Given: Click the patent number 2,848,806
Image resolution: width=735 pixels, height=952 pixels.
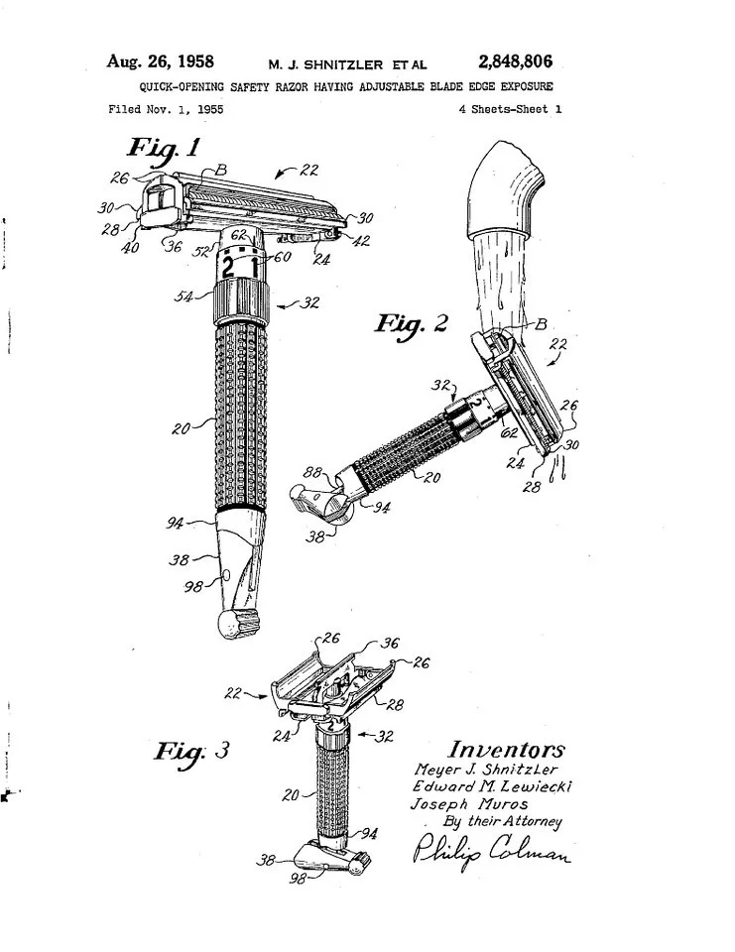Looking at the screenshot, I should coord(515,62).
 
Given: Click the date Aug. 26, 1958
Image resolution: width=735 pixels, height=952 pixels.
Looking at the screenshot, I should coord(161,62).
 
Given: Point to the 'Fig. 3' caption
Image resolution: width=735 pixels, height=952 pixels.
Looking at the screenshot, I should coord(191,750).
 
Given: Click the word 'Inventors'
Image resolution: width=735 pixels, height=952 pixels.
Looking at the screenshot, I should coord(506,750).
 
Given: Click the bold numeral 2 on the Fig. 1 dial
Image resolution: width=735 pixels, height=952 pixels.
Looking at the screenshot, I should coord(228,268).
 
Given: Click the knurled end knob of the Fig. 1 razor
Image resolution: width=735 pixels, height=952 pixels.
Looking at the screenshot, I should coord(238,625).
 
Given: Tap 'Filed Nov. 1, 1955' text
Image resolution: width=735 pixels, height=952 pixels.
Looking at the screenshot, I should coord(167,109).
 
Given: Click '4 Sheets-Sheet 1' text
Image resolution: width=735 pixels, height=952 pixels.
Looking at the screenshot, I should coord(510,109).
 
